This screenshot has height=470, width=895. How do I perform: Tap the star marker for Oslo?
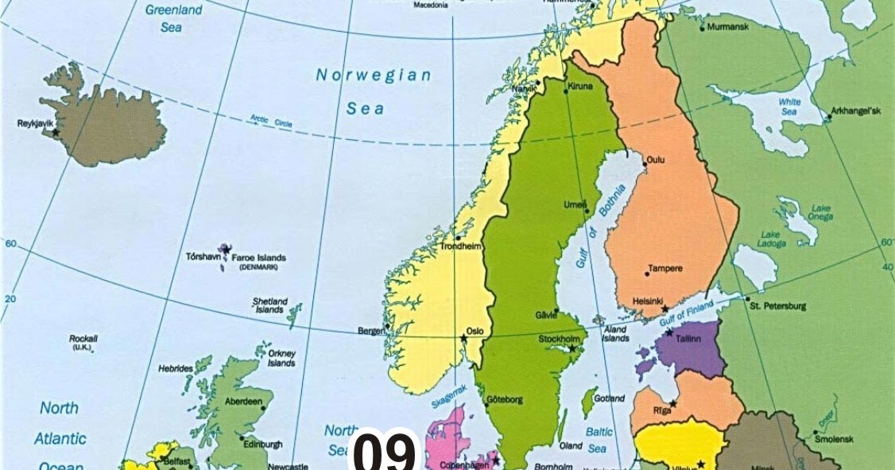(463, 339)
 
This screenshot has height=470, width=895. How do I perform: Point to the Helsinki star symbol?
(665, 309)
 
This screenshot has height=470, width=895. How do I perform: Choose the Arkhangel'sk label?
(856, 111)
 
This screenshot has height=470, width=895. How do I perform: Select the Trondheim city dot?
(458, 238)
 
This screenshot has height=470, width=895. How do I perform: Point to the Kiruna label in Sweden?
(580, 87)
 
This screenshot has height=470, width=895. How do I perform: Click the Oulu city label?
(656, 160)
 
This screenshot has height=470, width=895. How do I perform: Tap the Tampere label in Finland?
(665, 269)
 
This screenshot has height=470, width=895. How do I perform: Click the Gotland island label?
(610, 398)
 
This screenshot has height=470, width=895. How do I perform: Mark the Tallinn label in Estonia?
(688, 339)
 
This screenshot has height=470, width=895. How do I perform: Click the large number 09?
(385, 453)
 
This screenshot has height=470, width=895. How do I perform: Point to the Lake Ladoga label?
(770, 239)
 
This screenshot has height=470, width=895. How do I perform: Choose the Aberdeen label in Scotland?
(243, 402)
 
